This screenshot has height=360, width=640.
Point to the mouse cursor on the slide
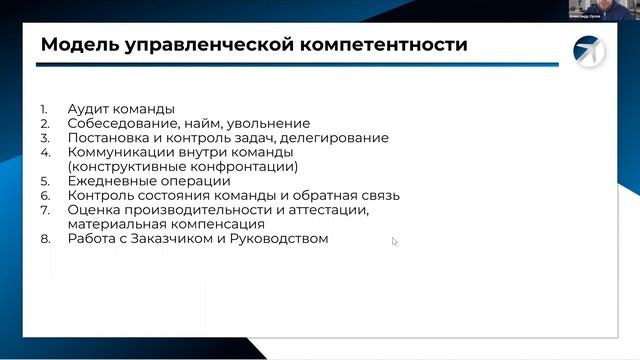pos(394,241)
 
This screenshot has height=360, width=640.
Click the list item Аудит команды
pos(121,109)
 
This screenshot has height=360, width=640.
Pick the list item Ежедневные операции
pos(149,182)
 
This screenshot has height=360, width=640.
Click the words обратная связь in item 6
pos(350,196)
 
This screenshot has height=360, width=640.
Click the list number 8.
pos(44,240)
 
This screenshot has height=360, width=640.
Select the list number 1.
pos(44,109)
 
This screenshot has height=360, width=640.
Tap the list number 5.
pos(44,182)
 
